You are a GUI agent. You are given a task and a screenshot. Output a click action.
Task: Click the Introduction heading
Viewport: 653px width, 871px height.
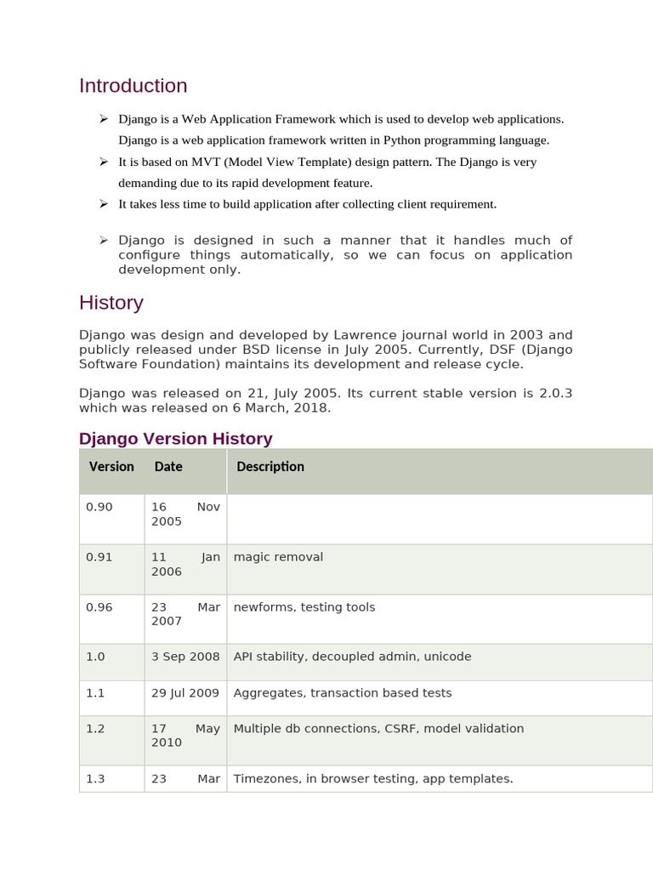click(133, 86)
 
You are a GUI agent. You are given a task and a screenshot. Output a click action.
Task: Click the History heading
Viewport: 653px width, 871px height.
click(111, 303)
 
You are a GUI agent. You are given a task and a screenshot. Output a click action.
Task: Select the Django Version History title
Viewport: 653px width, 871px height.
click(175, 439)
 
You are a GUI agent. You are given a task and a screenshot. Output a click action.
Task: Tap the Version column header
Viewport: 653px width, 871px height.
click(111, 467)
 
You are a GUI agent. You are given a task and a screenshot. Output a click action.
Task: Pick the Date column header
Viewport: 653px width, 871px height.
click(168, 467)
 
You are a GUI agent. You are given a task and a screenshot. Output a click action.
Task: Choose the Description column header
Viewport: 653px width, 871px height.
click(270, 467)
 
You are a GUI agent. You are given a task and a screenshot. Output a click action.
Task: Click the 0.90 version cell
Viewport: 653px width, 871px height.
click(99, 507)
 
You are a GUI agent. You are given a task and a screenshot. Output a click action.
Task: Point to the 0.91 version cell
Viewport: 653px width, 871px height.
click(99, 557)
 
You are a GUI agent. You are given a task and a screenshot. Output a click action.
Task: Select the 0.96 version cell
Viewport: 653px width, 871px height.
click(99, 607)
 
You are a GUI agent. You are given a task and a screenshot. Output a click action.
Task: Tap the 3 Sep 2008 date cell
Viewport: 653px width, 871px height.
click(185, 657)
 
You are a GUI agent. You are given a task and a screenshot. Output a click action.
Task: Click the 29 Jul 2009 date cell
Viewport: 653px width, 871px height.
click(185, 693)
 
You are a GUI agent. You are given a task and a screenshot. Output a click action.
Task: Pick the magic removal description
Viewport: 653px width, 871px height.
click(278, 557)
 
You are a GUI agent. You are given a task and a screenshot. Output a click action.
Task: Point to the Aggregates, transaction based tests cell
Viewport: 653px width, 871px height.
click(342, 693)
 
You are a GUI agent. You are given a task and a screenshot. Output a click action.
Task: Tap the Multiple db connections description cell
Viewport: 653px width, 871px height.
click(378, 729)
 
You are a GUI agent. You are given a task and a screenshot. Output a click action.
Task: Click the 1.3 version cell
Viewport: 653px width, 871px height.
click(95, 778)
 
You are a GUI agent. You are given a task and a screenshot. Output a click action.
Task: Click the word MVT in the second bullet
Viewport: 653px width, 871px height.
click(207, 162)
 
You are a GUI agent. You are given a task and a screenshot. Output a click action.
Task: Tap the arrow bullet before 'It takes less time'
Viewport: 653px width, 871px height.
click(103, 203)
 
